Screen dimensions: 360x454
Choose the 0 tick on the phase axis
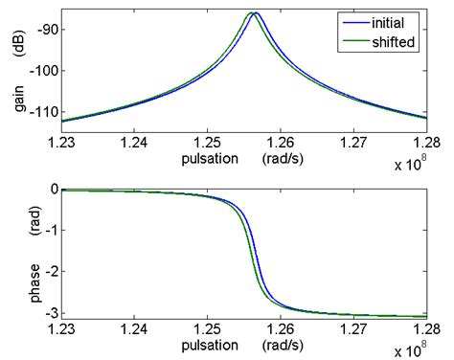coord(53,189)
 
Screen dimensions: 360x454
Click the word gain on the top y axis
coord(18,98)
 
